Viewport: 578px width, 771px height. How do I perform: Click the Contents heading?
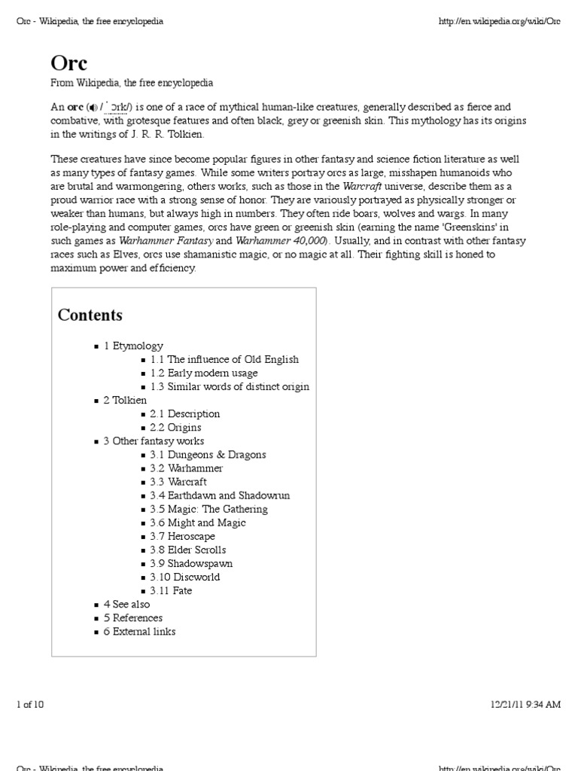point(90,315)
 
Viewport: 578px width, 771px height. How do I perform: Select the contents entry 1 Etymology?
point(133,346)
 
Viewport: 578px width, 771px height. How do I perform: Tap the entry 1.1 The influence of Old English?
point(224,359)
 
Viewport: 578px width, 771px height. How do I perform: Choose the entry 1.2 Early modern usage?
point(203,373)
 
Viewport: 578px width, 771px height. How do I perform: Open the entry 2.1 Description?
point(184,413)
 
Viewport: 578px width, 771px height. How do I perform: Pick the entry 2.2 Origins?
point(175,427)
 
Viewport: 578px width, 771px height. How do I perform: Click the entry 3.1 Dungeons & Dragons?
point(207,454)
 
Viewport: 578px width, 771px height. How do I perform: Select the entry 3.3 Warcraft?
point(178,481)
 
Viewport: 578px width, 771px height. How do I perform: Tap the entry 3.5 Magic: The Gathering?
point(208,508)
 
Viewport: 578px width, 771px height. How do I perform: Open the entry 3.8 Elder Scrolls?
point(187,550)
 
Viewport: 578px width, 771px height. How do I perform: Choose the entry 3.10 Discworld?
point(184,577)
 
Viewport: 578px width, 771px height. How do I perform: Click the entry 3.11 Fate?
point(171,590)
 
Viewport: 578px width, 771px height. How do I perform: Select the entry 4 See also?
point(126,604)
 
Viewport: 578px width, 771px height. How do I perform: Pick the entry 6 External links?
point(139,631)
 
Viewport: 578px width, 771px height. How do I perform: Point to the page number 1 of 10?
point(30,704)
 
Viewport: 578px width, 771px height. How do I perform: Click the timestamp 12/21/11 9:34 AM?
point(525,704)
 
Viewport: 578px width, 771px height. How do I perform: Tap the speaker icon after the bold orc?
point(93,108)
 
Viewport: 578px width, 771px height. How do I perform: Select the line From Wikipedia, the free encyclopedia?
point(132,82)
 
